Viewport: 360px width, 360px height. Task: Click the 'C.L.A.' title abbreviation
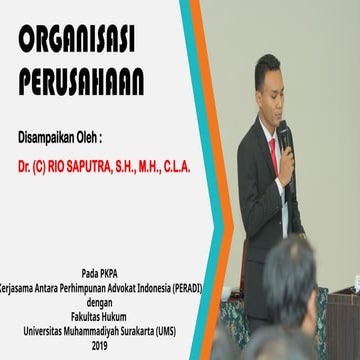[200, 161]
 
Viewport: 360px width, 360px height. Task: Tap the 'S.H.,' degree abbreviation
[140, 161]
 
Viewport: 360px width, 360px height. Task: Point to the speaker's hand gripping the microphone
[286, 160]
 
